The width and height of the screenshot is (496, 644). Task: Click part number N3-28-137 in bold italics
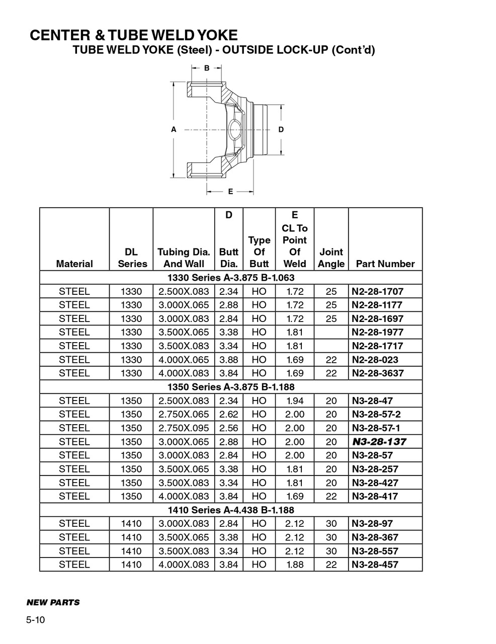379,442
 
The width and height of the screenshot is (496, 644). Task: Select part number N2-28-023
375,360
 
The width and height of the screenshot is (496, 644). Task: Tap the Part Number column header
385,264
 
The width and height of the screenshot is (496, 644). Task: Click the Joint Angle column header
331,258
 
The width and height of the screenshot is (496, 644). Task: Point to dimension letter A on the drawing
174,129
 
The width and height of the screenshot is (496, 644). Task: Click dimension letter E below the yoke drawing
230,191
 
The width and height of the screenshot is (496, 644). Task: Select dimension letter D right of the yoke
281,129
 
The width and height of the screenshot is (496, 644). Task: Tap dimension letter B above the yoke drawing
207,68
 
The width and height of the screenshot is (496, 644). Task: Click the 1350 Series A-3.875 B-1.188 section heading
231,387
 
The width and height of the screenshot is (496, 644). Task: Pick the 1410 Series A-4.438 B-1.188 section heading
231,510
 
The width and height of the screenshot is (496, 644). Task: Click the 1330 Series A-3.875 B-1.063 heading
231,278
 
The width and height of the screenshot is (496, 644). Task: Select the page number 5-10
36,620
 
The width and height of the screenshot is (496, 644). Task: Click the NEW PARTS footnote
53,602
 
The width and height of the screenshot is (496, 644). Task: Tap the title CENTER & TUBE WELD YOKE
133,35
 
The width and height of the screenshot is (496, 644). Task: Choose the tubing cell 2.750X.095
184,428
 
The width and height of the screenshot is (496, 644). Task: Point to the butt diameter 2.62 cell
229,415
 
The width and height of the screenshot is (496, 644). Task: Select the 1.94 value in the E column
295,401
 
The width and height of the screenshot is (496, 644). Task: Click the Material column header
74,264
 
